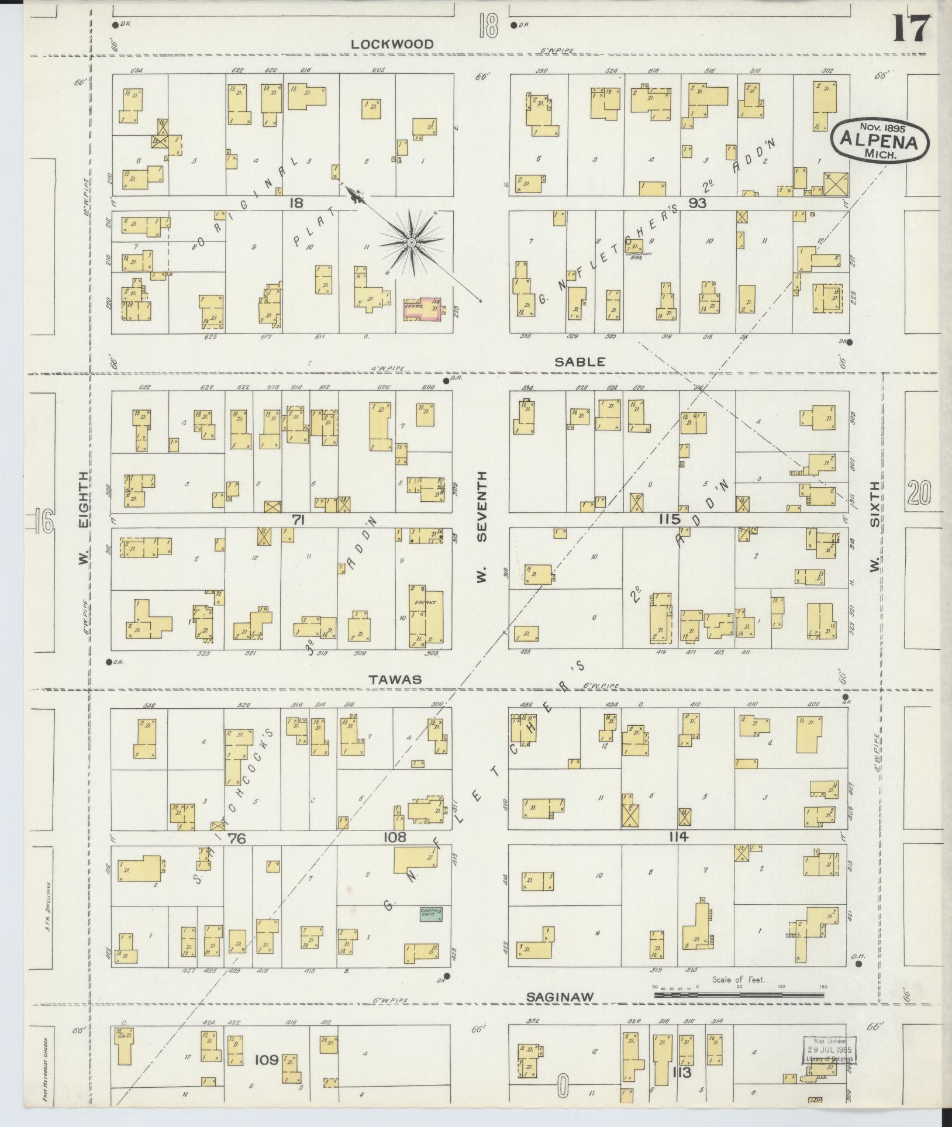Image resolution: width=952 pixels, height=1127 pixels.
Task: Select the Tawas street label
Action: click(x=395, y=679)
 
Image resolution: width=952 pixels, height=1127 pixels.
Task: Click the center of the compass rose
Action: click(x=412, y=242)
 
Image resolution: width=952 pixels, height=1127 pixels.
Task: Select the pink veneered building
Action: click(x=421, y=309)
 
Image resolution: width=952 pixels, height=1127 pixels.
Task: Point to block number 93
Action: click(x=698, y=203)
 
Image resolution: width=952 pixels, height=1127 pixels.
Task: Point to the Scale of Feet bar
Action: click(x=739, y=994)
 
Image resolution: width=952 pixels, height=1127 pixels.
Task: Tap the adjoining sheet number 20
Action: click(x=919, y=492)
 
